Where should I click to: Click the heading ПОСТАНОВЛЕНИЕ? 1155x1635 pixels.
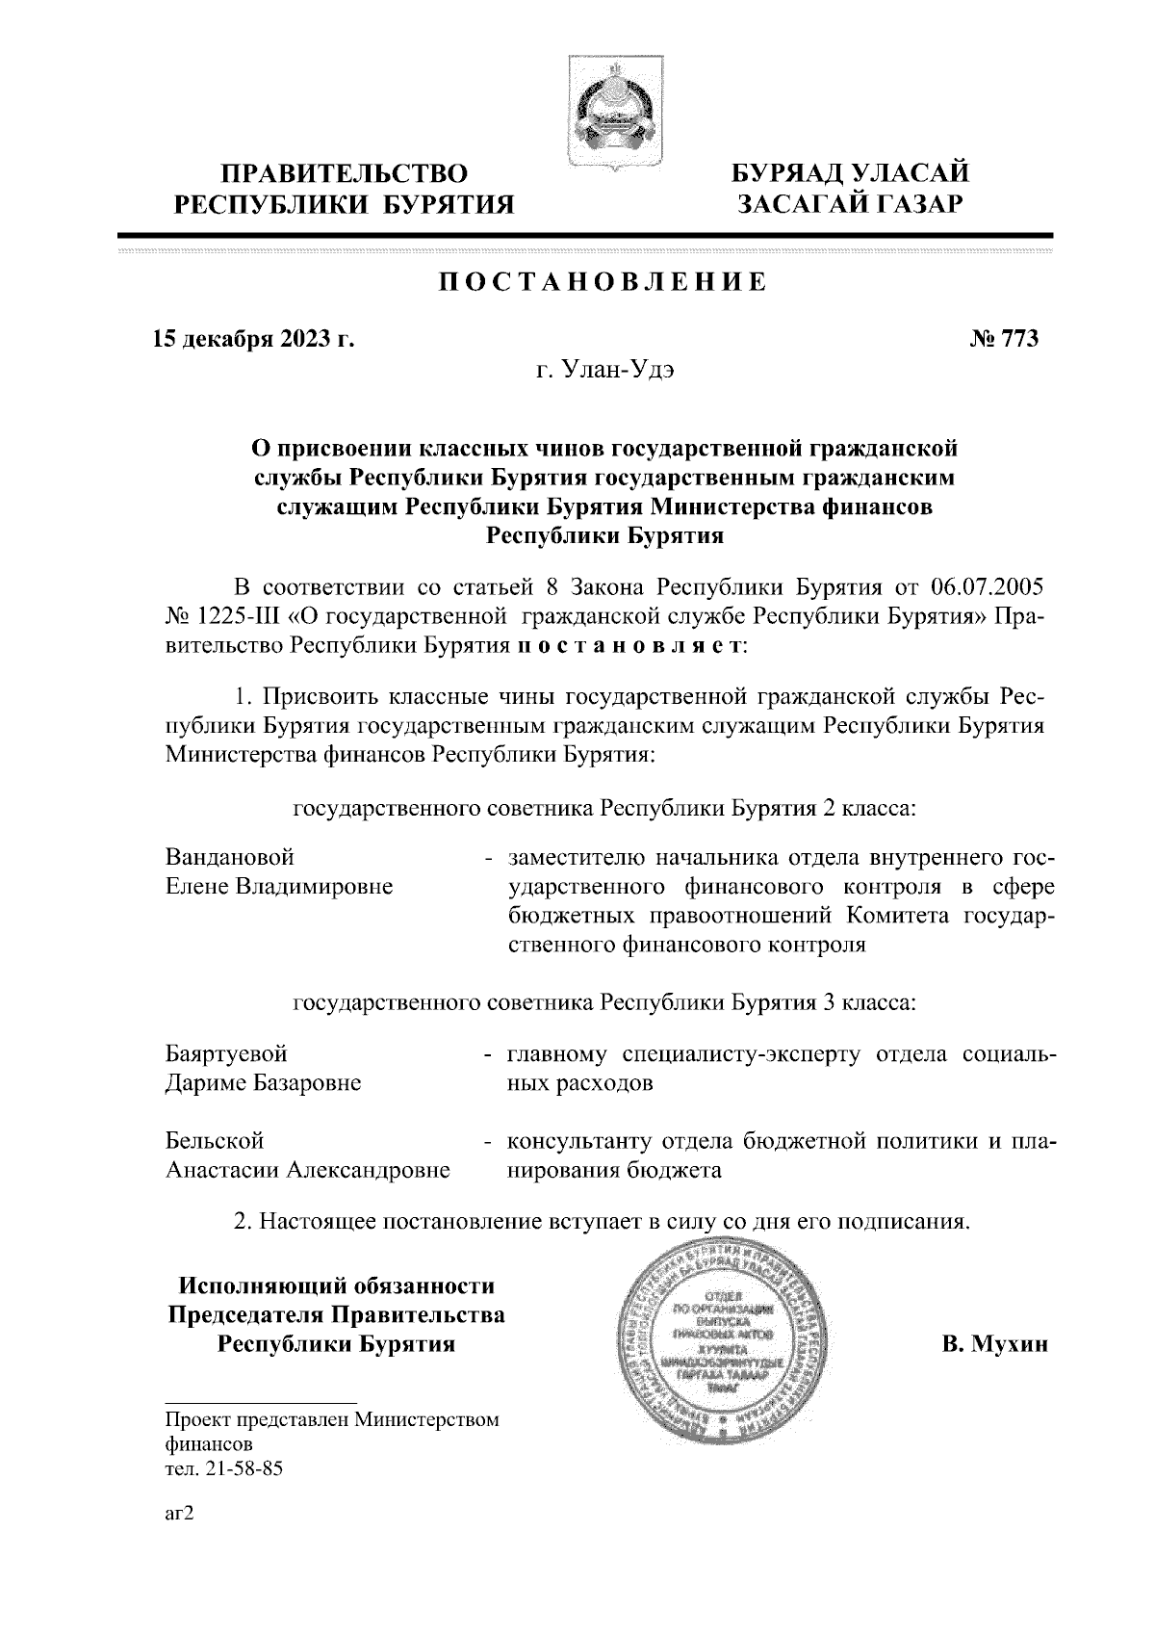click(x=603, y=282)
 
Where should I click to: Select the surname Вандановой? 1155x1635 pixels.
click(x=230, y=856)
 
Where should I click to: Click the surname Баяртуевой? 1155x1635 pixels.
click(x=226, y=1053)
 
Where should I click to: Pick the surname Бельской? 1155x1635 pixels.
click(x=215, y=1141)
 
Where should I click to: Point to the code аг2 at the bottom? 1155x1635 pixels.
click(x=180, y=1514)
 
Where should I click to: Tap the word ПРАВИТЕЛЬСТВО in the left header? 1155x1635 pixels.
click(x=346, y=175)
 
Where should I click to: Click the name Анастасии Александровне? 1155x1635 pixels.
click(x=308, y=1171)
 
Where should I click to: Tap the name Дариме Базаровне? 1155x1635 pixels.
click(x=264, y=1083)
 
